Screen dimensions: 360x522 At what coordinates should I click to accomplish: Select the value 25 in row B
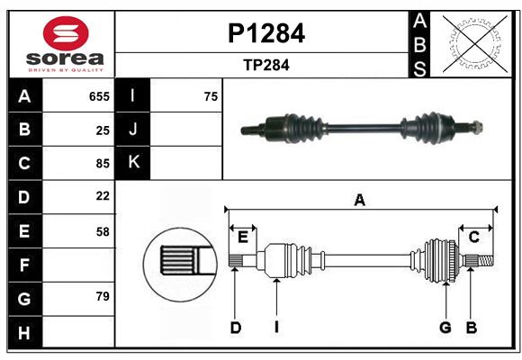click(103, 130)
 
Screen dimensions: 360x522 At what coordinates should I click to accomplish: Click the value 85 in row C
click(103, 164)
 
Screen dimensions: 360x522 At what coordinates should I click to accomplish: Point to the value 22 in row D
click(103, 195)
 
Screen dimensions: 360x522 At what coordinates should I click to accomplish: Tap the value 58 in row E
click(103, 231)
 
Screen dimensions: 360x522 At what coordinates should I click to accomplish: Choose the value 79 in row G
click(103, 295)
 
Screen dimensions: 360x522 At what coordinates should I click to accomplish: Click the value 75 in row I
click(211, 96)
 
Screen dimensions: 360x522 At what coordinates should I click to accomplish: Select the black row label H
click(24, 333)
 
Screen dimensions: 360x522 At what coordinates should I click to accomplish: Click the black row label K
click(133, 163)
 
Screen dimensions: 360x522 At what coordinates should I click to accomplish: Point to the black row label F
click(24, 265)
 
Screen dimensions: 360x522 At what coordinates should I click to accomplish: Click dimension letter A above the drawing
click(360, 201)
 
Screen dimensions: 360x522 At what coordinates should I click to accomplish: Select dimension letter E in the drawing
click(243, 236)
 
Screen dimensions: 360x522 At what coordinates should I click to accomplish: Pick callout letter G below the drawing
click(445, 328)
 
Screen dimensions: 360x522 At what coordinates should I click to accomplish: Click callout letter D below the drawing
click(235, 328)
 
